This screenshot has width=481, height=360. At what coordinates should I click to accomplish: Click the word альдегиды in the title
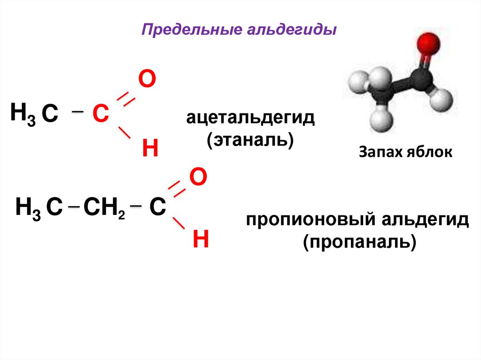point(291,31)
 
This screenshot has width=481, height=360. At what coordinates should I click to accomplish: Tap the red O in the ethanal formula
point(146,80)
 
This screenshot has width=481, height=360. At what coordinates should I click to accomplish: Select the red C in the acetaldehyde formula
point(100,114)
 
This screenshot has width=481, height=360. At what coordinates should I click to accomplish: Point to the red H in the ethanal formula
point(149,149)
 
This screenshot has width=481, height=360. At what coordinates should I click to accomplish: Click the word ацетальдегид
point(250,118)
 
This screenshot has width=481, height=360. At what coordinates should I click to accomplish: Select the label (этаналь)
point(250,140)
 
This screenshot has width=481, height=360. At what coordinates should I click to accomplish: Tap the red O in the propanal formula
point(198,177)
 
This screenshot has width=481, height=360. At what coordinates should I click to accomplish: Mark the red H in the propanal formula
point(201,240)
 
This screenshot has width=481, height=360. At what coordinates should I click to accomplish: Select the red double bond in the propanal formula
point(177,189)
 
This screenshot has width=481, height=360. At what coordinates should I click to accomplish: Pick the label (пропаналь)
point(359,243)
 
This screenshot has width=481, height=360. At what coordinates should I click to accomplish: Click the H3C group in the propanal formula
point(39,208)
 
